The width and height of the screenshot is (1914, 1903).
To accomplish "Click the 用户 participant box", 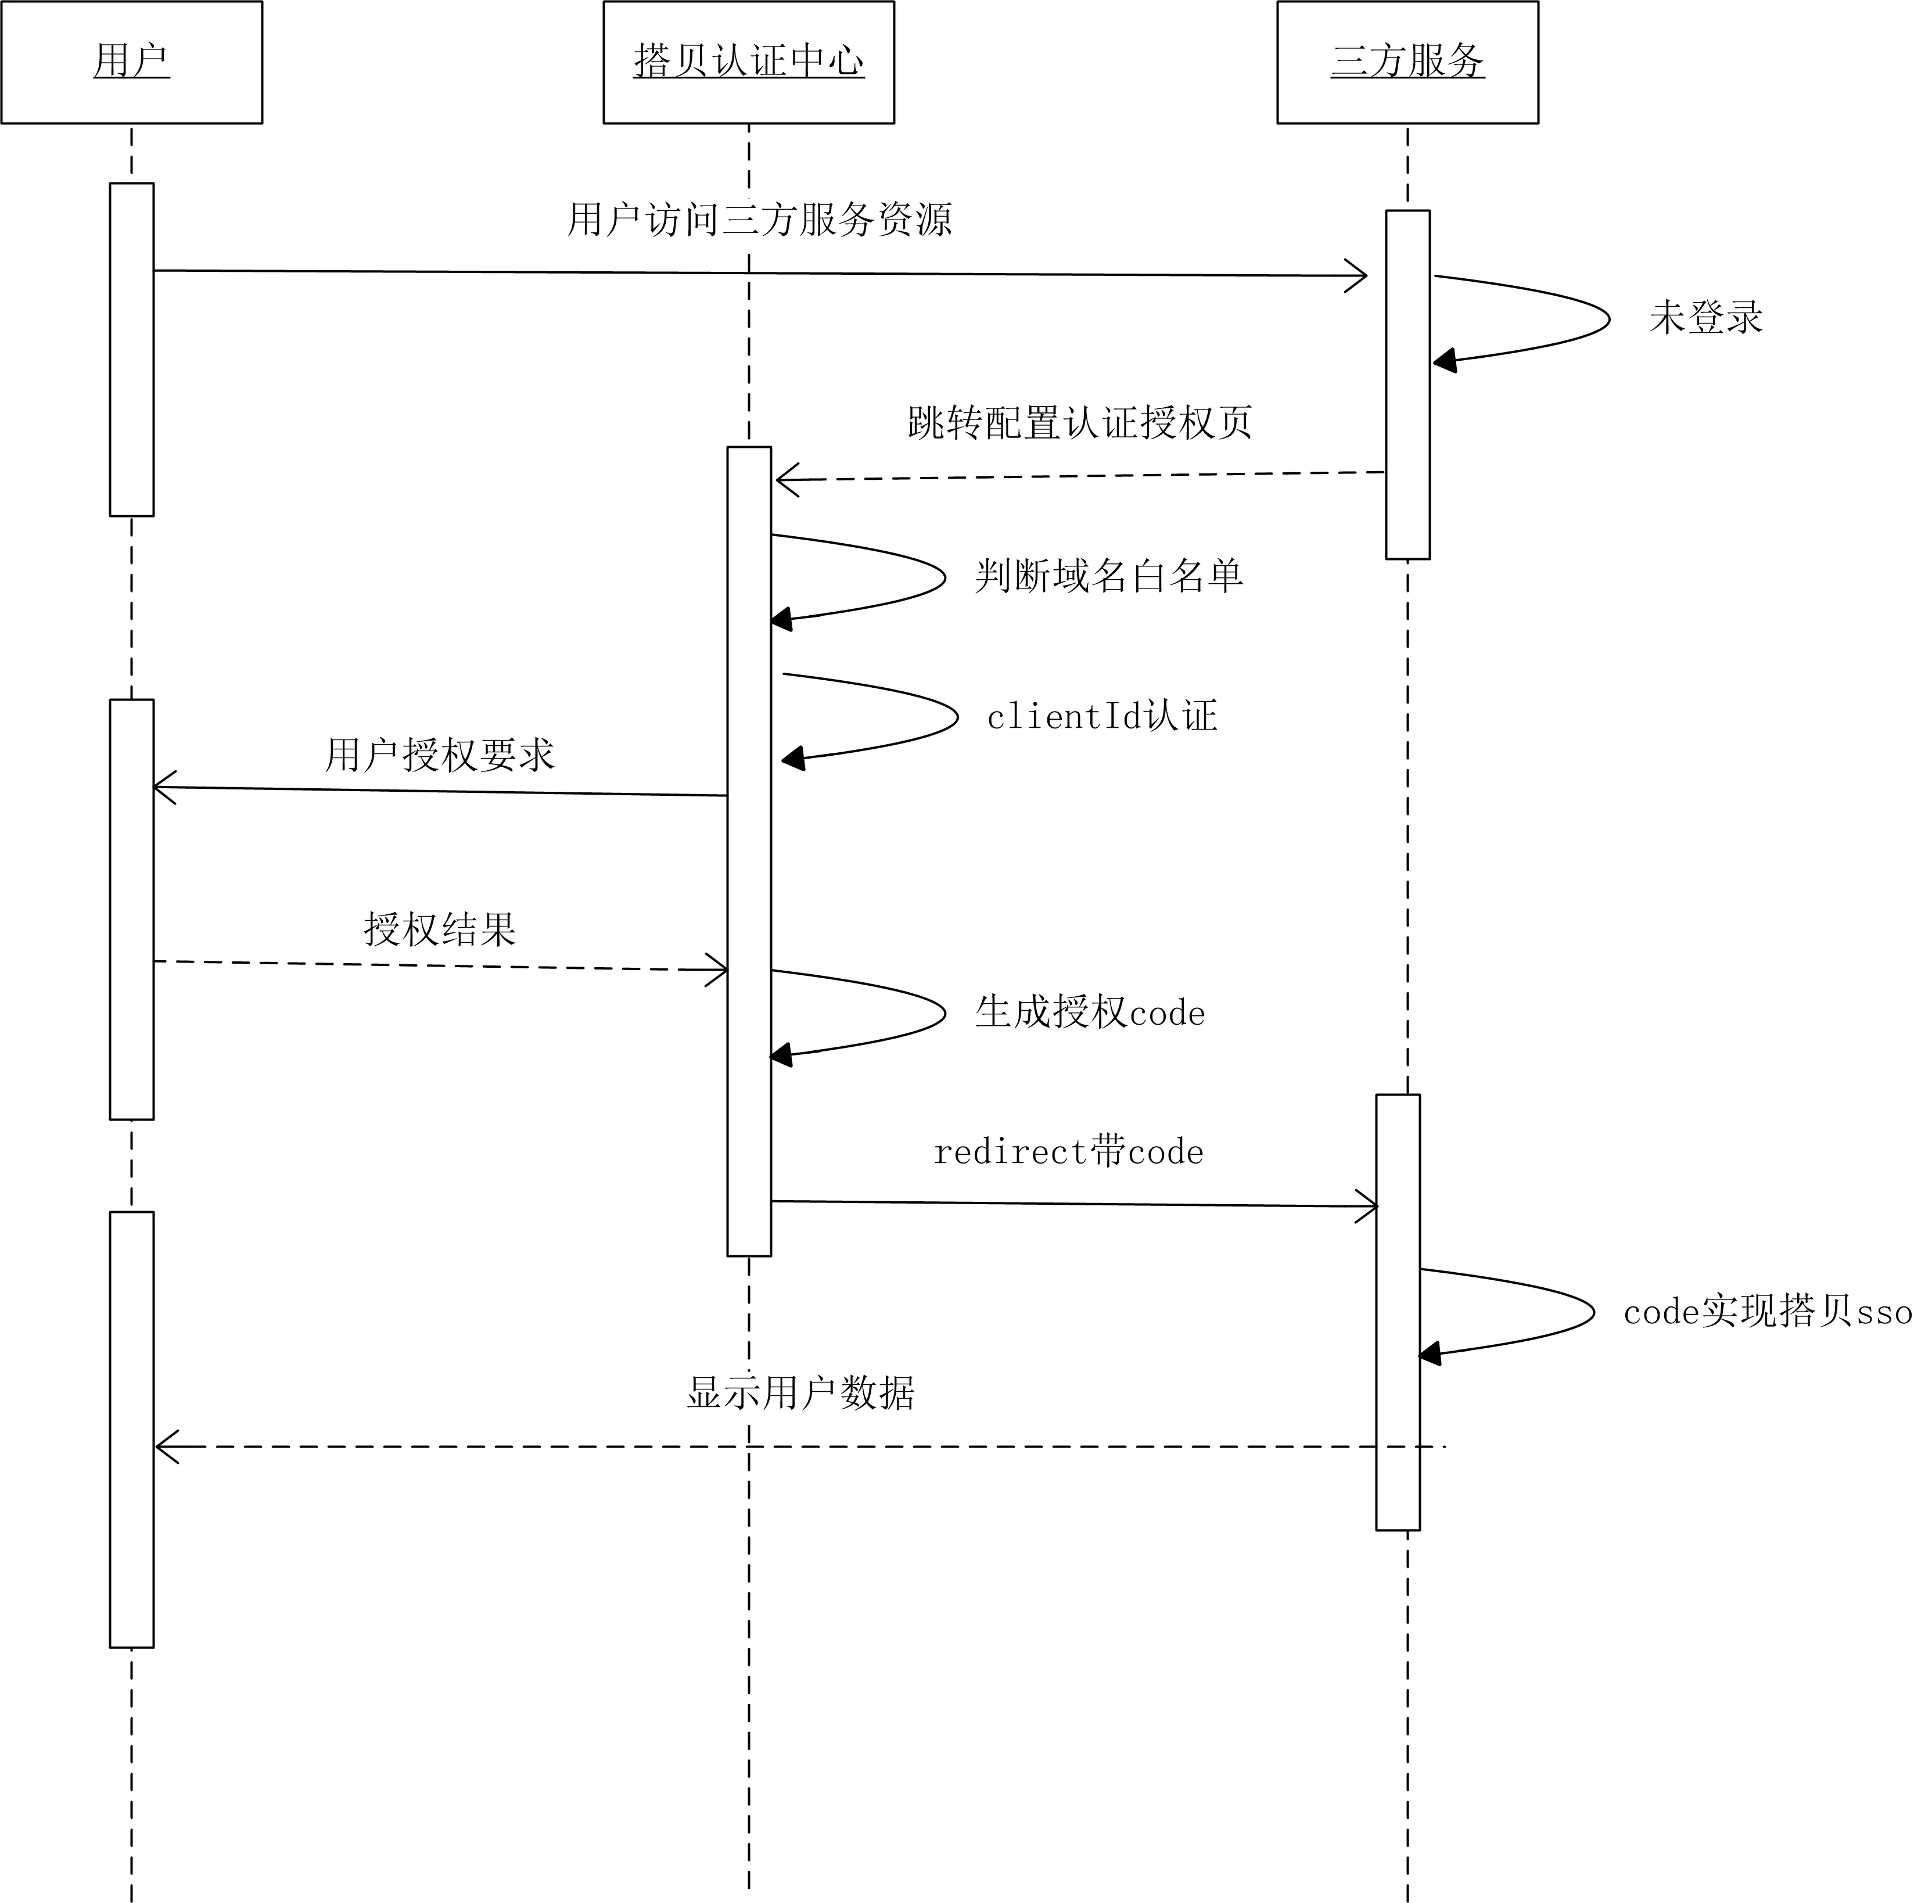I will [x=132, y=62].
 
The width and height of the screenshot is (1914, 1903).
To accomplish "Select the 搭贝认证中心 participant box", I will [x=749, y=62].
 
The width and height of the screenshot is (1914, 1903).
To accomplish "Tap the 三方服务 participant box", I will [x=1407, y=62].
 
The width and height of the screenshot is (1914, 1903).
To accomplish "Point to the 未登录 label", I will [x=1706, y=318].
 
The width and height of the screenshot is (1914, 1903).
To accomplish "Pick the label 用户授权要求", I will [x=439, y=755].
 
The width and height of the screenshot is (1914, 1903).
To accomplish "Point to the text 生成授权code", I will [x=1090, y=1012].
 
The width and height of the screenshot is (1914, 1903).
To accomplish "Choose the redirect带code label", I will [x=1068, y=1152].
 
